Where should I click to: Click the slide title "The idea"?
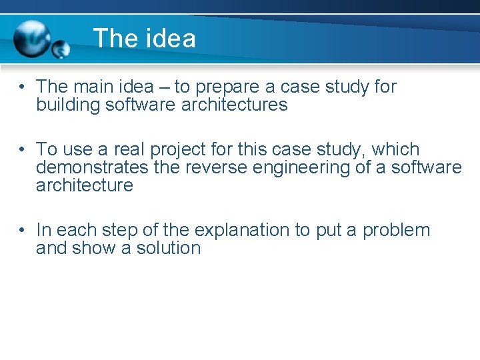[145, 38]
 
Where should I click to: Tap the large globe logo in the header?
[32, 37]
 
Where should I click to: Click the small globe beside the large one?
[61, 49]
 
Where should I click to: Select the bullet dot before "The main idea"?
[22, 87]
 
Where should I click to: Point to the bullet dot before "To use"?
[22, 149]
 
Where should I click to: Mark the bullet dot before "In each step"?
[22, 231]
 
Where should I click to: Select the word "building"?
[68, 105]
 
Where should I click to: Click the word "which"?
[395, 149]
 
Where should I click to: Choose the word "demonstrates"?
[92, 167]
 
